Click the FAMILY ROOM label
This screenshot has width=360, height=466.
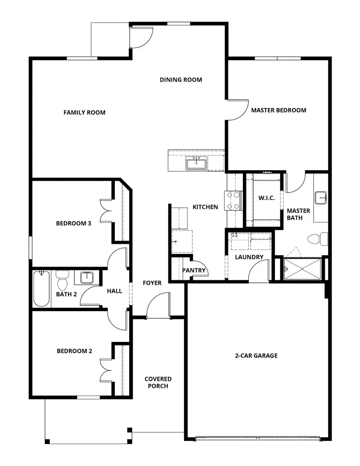point(84,112)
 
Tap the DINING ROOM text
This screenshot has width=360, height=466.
point(181,80)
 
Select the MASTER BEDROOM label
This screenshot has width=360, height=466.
point(278,110)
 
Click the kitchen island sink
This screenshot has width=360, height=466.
point(196,164)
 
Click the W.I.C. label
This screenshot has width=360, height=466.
point(266,198)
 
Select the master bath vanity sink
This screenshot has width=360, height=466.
point(321,197)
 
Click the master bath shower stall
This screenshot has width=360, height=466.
point(302,269)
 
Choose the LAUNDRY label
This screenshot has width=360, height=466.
point(249,257)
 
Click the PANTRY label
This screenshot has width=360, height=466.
point(194,270)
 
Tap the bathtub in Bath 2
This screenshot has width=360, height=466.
point(41,289)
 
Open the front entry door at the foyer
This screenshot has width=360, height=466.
point(158,306)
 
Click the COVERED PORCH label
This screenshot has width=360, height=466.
point(158,382)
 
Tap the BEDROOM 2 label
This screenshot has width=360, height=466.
point(74,351)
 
